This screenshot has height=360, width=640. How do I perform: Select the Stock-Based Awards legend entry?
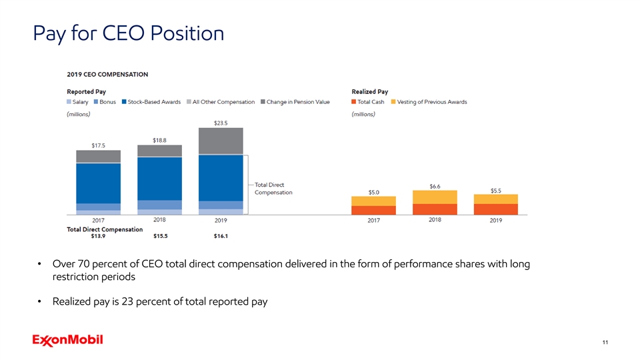[154, 102]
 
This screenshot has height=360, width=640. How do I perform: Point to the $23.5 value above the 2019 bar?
[221, 122]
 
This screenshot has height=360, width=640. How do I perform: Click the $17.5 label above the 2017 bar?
[99, 145]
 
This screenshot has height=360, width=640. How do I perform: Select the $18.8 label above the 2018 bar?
[160, 139]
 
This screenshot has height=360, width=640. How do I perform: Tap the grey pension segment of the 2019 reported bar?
[221, 141]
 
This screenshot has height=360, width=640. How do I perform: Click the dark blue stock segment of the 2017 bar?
[99, 183]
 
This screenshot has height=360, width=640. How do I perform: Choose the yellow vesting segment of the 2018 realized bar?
[435, 197]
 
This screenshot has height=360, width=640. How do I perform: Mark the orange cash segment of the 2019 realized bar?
[495, 209]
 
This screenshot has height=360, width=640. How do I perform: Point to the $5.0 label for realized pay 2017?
[374, 192]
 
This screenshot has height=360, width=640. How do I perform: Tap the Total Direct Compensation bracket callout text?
[273, 188]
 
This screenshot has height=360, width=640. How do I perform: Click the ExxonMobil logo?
[67, 341]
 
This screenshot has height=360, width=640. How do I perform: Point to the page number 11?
[604, 343]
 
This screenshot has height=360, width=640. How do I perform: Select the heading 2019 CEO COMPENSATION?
[107, 74]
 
